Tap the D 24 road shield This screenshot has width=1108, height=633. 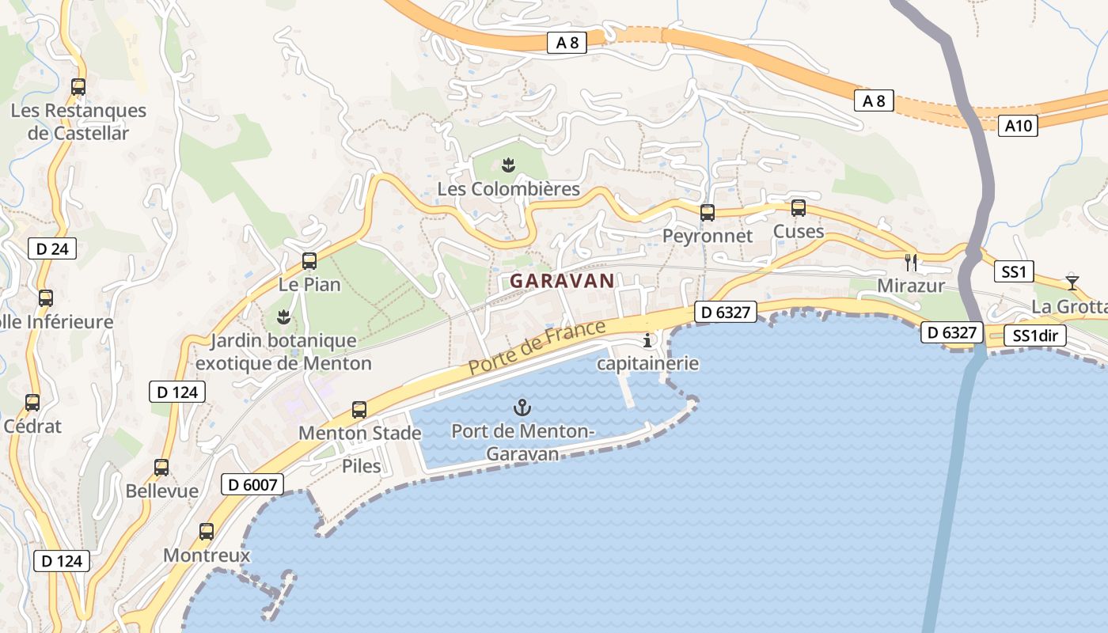[x=53, y=248]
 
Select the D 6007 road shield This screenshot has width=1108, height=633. [x=252, y=483]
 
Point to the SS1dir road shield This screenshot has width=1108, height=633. [x=1035, y=335]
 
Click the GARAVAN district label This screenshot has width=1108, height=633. [x=562, y=281]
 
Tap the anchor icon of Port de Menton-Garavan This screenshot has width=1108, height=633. [x=522, y=408]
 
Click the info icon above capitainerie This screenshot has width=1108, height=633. [x=648, y=341]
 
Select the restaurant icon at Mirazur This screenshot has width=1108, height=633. [x=911, y=261]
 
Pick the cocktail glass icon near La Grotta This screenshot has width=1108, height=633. [x=1072, y=282]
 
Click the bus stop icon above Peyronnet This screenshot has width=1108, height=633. [x=708, y=212]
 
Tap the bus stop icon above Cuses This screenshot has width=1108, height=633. [x=799, y=208]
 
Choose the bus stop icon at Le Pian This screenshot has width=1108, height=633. [x=309, y=261]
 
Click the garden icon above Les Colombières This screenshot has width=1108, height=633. [x=508, y=165]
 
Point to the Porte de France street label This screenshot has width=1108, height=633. [x=537, y=347]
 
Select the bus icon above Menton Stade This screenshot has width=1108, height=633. [x=359, y=410]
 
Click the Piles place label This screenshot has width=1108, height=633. [x=362, y=466]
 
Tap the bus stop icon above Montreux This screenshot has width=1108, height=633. [x=207, y=532]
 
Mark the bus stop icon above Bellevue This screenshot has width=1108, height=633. [x=161, y=467]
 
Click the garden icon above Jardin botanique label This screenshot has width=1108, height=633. [x=283, y=318]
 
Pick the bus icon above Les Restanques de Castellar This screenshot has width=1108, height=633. [x=78, y=87]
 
